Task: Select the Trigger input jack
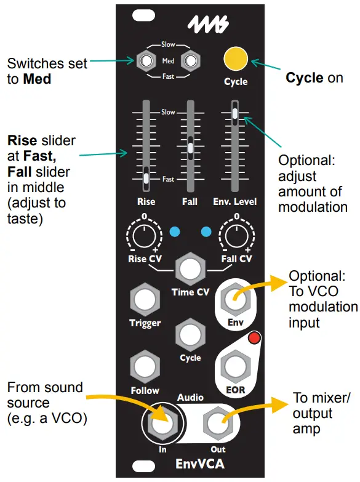pyautogui.click(x=145, y=300)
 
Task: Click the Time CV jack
pyautogui.click(x=191, y=269)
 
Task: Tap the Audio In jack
pyautogui.click(x=162, y=423)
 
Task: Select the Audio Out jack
pyautogui.click(x=218, y=423)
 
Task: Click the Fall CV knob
pyautogui.click(x=236, y=236)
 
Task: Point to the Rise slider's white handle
pyautogui.click(x=146, y=179)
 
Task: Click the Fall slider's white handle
pyautogui.click(x=191, y=148)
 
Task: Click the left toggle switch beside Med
pyautogui.click(x=146, y=60)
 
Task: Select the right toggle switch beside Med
pyautogui.click(x=191, y=60)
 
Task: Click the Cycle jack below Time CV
pyautogui.click(x=191, y=335)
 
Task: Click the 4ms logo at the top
pyautogui.click(x=208, y=26)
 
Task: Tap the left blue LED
pyautogui.click(x=175, y=232)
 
